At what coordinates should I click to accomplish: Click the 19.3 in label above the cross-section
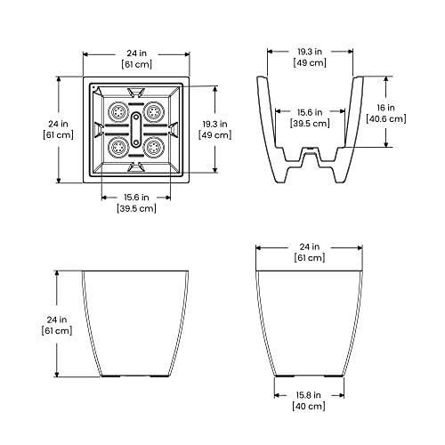[x=311, y=51]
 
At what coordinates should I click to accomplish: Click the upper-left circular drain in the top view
[x=117, y=113]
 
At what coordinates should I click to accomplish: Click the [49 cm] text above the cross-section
[x=311, y=63]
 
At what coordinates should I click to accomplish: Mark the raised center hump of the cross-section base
[x=311, y=158]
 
